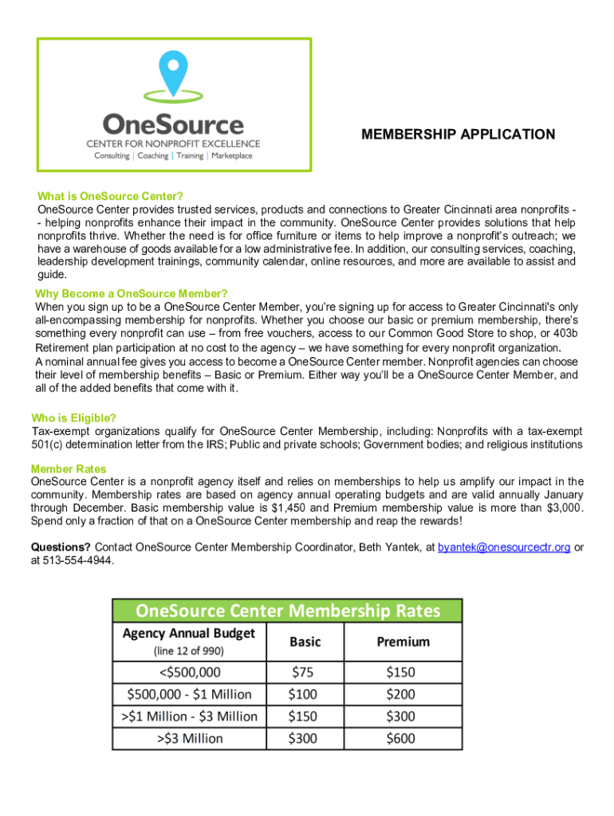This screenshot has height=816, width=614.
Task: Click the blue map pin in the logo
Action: tap(172, 72)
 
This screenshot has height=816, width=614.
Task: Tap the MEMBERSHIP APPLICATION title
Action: tap(458, 135)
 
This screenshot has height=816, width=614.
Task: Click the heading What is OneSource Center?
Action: tap(111, 196)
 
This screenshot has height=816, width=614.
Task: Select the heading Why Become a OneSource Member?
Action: tap(132, 293)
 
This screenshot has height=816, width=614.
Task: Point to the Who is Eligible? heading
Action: tap(73, 418)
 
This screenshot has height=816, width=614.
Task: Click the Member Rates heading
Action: tap(69, 469)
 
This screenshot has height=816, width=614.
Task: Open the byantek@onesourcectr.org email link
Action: tap(504, 547)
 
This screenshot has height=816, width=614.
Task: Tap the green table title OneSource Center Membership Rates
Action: tap(287, 611)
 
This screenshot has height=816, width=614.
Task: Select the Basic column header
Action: tap(305, 641)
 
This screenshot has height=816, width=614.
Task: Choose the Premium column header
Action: tap(403, 641)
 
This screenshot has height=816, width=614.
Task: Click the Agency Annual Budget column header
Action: tap(189, 634)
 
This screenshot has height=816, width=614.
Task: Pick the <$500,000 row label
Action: tap(189, 672)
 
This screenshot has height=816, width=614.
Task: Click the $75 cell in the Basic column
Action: tap(303, 672)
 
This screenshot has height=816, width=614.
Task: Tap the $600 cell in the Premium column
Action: tap(401, 739)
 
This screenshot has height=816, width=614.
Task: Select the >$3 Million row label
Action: tap(189, 739)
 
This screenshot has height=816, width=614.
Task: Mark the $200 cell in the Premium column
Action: tap(401, 694)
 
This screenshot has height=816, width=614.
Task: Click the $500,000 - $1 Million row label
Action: tap(189, 694)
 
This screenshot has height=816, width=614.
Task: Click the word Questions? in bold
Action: tap(61, 547)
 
